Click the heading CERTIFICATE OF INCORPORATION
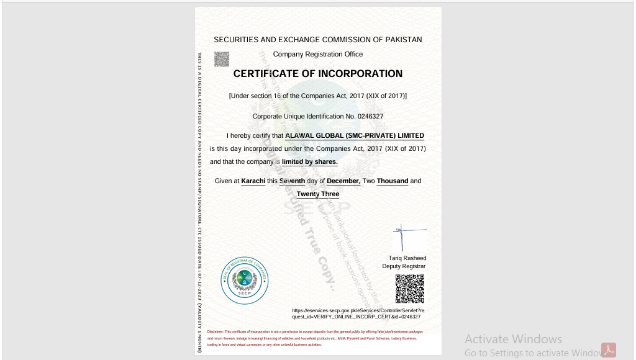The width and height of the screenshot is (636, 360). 317,74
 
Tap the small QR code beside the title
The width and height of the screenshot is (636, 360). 222,59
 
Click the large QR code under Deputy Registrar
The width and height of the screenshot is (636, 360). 410,289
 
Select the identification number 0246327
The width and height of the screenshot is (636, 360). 370,117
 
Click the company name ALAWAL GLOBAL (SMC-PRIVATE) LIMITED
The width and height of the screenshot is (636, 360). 355,135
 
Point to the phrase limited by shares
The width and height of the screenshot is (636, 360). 310,162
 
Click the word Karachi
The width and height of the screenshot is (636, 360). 253,181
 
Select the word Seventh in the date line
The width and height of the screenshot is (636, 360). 292,181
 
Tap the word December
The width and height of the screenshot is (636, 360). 343,181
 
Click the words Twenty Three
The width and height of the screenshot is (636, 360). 318,194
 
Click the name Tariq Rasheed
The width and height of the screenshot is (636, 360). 407,258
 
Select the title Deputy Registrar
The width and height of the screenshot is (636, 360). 404,266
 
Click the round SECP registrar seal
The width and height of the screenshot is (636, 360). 244,281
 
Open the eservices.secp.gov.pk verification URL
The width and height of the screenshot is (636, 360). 358,313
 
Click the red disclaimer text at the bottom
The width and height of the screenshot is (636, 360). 315,338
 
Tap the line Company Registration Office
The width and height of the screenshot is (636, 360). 318,55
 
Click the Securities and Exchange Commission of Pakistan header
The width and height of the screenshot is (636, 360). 318,40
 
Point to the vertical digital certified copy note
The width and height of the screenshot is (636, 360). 200,202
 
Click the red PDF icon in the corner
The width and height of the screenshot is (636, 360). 608,350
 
